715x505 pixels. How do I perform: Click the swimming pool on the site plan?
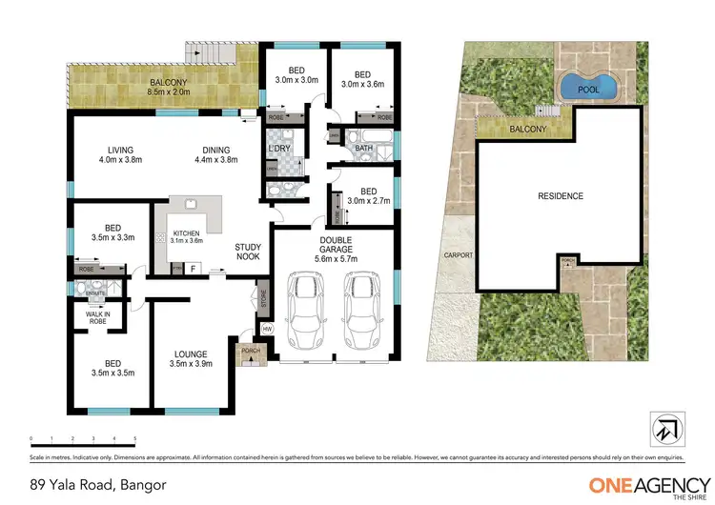click(x=588, y=88)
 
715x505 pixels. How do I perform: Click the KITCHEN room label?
click(x=185, y=236)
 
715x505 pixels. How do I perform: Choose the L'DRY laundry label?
click(x=278, y=151)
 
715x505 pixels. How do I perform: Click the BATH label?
click(x=363, y=148)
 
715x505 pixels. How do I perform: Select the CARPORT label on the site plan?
click(x=452, y=256)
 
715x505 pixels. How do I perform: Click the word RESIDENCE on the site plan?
click(x=560, y=196)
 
